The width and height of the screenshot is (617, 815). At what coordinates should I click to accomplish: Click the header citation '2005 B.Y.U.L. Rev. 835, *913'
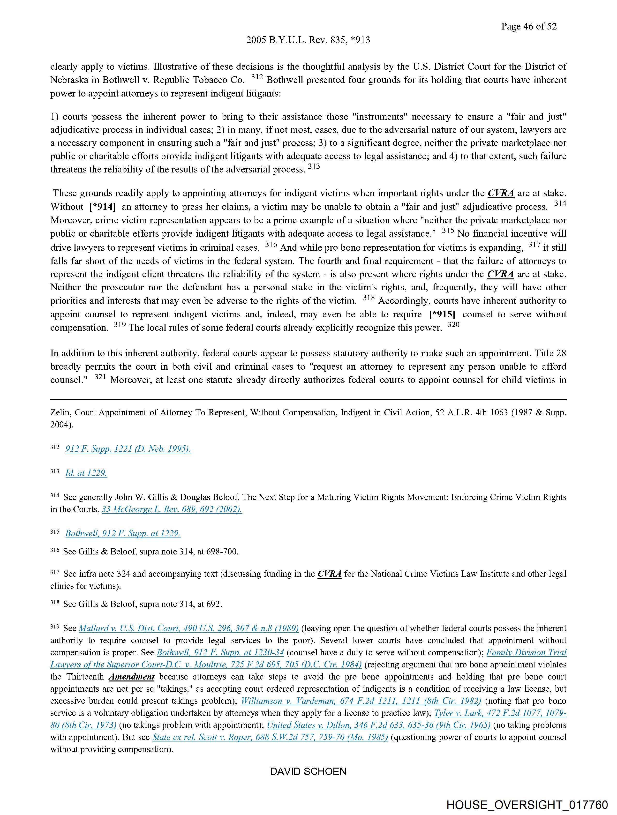[308, 40]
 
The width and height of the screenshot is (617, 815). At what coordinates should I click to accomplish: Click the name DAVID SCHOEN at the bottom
[308, 771]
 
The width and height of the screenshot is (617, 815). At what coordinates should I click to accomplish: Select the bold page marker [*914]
[102, 207]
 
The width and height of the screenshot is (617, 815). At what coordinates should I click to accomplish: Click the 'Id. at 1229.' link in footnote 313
[86, 473]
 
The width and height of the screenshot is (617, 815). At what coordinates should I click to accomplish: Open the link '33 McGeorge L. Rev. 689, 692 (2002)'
[172, 509]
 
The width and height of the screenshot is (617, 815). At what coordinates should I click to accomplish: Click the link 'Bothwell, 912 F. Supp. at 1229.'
[123, 533]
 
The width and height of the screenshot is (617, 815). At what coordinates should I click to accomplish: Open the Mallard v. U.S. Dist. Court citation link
[189, 628]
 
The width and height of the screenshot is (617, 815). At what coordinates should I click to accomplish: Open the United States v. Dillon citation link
[378, 725]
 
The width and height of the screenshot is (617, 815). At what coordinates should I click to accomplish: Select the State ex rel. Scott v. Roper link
[270, 737]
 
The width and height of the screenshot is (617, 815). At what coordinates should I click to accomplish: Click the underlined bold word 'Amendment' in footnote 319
[132, 677]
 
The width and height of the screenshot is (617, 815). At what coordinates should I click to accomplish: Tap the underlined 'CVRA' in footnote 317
[330, 574]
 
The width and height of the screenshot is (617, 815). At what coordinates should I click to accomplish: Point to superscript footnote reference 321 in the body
[100, 377]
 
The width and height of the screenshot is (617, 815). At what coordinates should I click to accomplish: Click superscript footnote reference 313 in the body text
[314, 166]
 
